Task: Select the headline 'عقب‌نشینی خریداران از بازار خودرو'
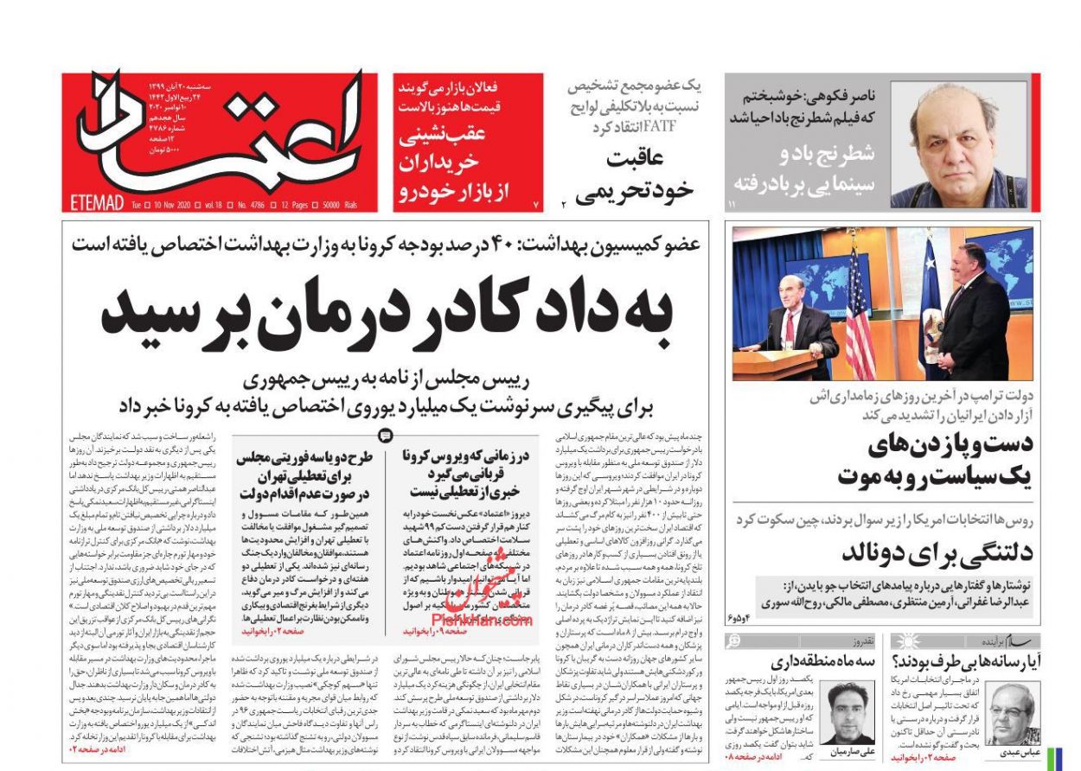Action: [467, 164]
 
